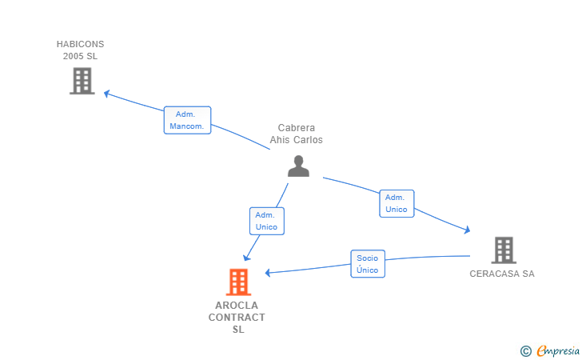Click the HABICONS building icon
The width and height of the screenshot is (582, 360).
coord(82,81)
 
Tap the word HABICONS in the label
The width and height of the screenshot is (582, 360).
coord(80,44)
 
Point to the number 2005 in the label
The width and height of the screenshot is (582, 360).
coord(74,56)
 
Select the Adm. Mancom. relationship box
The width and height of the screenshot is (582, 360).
coord(188,120)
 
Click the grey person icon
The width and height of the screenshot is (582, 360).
coord(298,166)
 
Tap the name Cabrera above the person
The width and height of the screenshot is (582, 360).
coord(296,128)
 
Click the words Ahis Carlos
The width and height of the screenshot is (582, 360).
coord(296,140)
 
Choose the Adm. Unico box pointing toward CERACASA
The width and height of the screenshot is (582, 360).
coord(397,203)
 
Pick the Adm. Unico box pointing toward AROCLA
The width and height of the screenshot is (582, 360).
coord(266,221)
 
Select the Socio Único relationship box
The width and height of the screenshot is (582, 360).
coord(368,264)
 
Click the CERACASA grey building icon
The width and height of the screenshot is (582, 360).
coord(503,250)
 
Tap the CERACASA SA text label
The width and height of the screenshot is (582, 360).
coord(502,274)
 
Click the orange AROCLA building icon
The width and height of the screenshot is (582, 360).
coord(238,282)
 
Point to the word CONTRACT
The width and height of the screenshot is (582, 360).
coord(237,318)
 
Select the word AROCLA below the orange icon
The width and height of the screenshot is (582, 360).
coord(237,306)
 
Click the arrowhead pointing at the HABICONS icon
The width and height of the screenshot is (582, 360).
coord(107,94)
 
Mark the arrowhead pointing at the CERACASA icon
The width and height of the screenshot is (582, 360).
coord(466,230)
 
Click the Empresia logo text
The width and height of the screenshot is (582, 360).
coord(558,350)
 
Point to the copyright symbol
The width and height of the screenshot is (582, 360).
coord(525,350)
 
